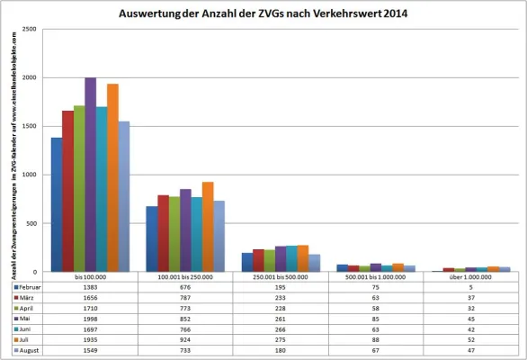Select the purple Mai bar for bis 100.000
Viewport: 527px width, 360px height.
point(90,175)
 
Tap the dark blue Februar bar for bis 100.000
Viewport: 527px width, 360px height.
point(57,204)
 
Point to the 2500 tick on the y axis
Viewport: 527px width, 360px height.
point(31,30)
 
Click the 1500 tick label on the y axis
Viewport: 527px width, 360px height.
point(31,127)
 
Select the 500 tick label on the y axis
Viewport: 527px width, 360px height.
point(32,223)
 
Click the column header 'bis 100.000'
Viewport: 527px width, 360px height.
point(90,277)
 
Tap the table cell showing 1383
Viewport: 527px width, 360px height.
point(90,287)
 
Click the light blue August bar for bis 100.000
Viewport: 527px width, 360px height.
point(124,196)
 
